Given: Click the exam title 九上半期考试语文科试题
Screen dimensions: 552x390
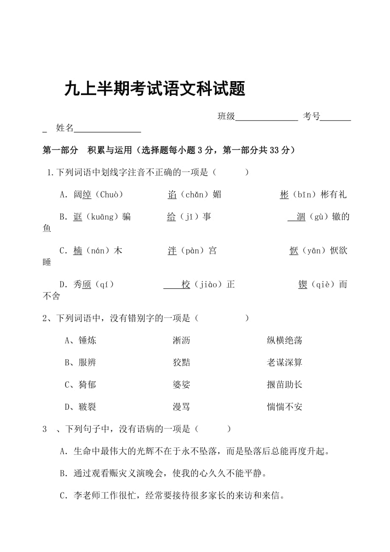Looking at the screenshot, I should [x=155, y=89].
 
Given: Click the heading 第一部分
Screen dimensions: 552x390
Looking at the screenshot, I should [x=61, y=150].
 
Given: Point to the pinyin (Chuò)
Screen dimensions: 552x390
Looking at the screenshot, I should [x=109, y=194].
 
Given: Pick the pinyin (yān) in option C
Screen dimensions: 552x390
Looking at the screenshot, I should [x=314, y=251].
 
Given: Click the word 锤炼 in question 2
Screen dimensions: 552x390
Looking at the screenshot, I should [x=87, y=340].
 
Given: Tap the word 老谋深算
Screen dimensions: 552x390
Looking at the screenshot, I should [x=284, y=362].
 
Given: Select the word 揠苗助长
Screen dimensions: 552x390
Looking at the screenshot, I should [x=284, y=385].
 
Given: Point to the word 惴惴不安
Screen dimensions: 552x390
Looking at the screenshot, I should [x=284, y=407].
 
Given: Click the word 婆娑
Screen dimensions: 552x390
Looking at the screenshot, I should [x=181, y=385].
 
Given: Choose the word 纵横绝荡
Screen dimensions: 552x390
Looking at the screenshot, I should [x=284, y=340].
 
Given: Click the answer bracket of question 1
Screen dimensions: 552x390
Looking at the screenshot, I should [x=229, y=172].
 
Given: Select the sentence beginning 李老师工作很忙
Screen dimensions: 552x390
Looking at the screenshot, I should [x=178, y=495].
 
